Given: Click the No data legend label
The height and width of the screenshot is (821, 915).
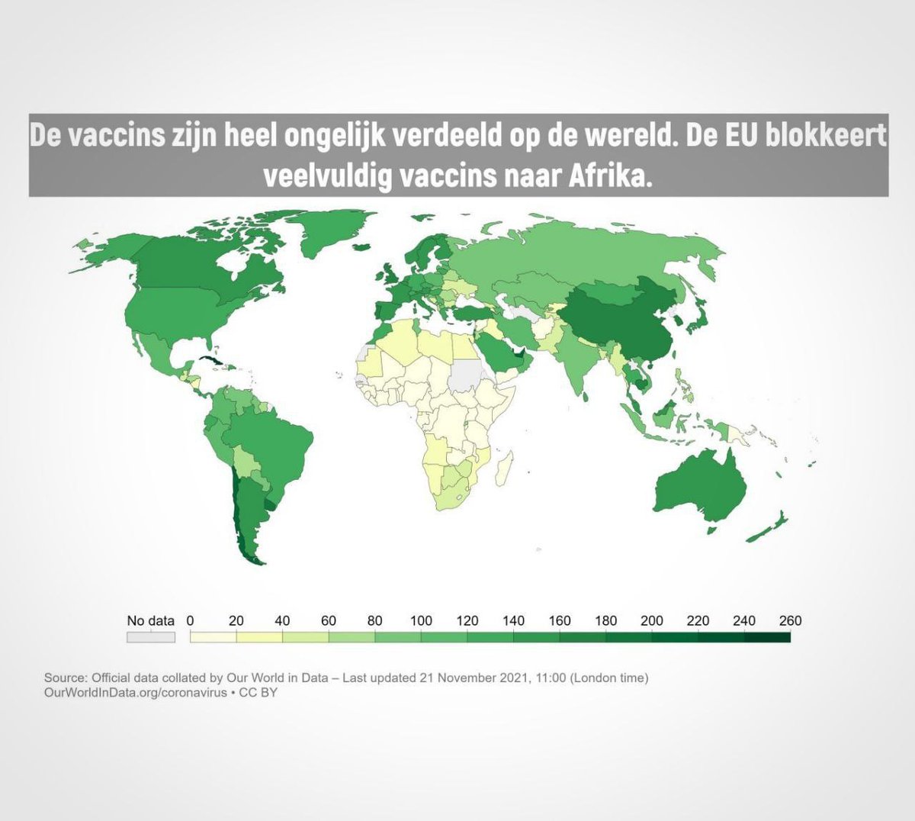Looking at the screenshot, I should tap(150, 620).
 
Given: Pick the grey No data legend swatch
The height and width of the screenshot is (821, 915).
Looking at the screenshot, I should tap(150, 637).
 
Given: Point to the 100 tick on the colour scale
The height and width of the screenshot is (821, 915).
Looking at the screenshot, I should tap(421, 620).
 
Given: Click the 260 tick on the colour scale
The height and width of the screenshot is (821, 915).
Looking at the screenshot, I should tap(790, 620).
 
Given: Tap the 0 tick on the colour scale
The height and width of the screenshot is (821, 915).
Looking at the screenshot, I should tap(191, 620).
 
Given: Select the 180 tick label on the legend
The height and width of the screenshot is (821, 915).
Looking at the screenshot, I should tap(605, 620).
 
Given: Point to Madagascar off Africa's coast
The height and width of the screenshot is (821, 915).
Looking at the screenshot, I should tap(503, 465).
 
